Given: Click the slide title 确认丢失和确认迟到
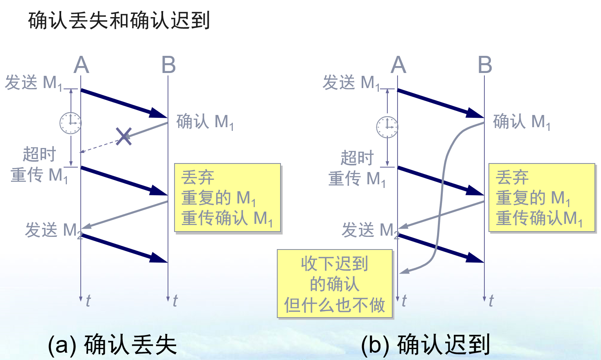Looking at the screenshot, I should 119,20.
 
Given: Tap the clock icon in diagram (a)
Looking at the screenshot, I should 71,123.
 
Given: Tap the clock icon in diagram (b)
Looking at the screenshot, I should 387,127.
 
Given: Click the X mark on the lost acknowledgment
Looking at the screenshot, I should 124,136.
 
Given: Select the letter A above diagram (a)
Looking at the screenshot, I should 81,65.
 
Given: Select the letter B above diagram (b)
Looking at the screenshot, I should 485,65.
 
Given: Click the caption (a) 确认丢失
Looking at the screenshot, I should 112,345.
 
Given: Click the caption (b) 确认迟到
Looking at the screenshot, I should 425,345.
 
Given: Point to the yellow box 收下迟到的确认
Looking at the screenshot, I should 335,284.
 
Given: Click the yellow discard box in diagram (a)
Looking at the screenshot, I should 228,198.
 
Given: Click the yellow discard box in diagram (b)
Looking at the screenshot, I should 542,198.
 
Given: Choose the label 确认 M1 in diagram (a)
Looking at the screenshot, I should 205,122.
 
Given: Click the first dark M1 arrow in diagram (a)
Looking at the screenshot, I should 122,102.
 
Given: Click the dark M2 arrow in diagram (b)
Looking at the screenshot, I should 440,247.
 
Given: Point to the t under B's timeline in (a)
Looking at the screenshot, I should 175,301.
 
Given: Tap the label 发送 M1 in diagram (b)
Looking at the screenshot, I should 351,83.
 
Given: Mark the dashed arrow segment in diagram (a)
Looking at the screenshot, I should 100,146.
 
